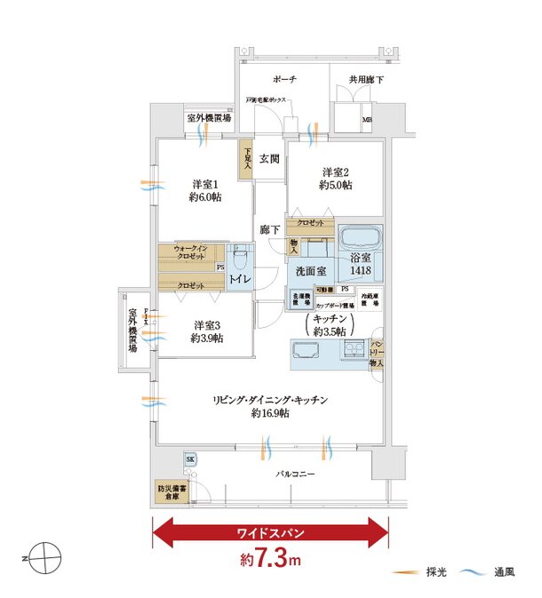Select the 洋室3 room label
(205, 331)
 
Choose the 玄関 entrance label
(270, 159)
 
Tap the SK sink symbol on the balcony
(190, 458)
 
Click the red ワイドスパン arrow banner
(271, 534)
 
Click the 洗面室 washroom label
(308, 270)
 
